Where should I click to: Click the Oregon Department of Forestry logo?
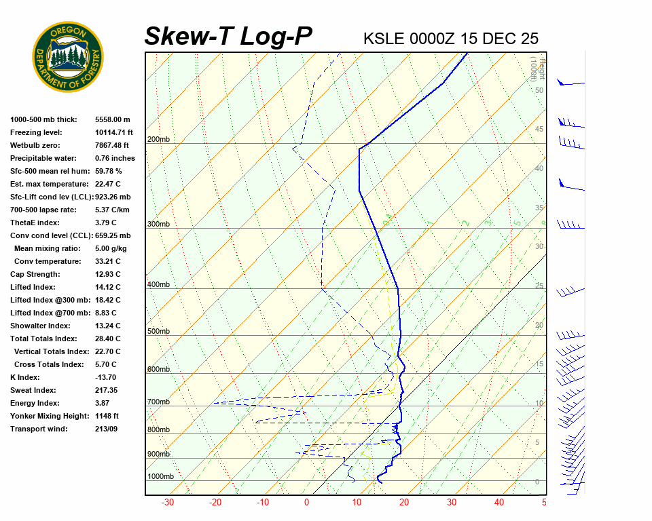[x=68, y=57]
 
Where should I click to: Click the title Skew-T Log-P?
[x=229, y=36]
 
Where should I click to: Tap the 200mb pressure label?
[x=158, y=140]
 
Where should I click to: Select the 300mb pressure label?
[x=158, y=224]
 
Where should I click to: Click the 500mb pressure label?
[x=158, y=331]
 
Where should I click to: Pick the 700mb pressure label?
[x=158, y=402]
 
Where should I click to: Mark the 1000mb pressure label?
[x=160, y=476]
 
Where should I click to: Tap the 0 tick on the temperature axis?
[x=306, y=503]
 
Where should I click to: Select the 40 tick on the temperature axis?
[x=499, y=503]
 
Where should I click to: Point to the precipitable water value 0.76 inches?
[x=115, y=158]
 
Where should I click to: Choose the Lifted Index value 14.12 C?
[x=108, y=287]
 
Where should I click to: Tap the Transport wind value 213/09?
[x=106, y=429]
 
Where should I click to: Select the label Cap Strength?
[x=35, y=274]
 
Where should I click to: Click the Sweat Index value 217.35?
[x=107, y=390]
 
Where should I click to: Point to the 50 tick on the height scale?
[x=539, y=90]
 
